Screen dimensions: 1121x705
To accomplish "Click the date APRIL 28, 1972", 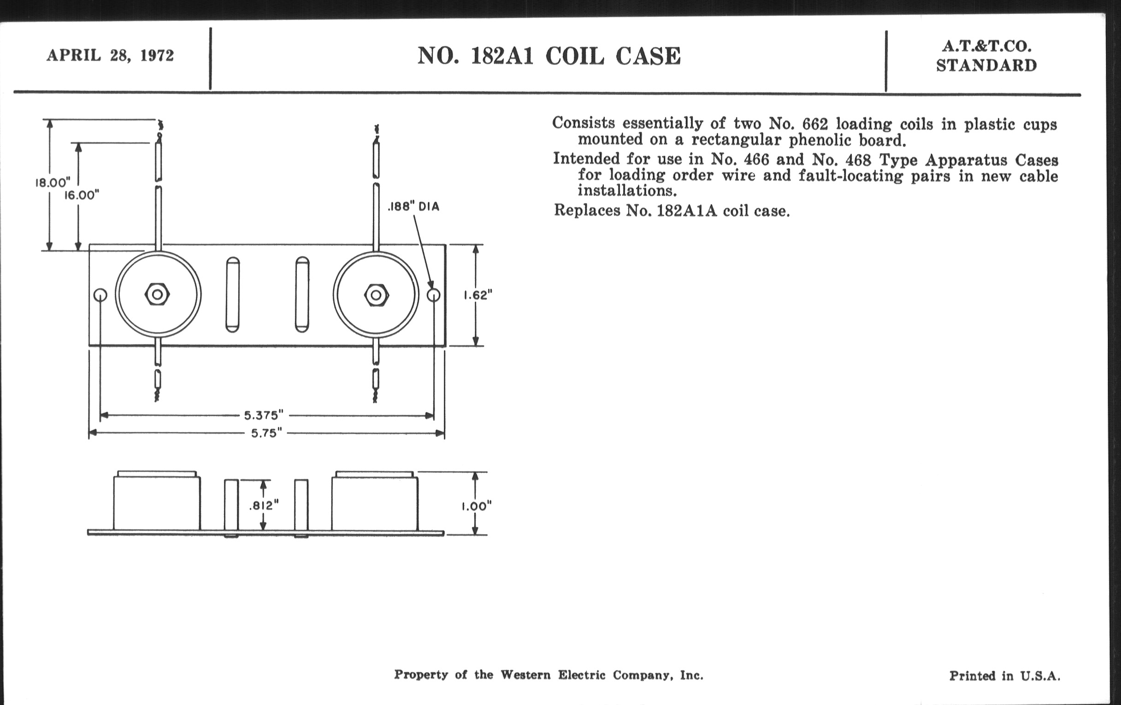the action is coord(110,55).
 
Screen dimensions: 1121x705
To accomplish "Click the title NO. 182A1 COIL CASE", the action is coord(549,56).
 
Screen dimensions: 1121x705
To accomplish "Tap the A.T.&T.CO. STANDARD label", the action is coord(986,56).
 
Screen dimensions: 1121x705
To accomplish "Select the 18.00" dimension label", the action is coord(53,182).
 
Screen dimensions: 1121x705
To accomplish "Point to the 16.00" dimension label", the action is coord(82,195).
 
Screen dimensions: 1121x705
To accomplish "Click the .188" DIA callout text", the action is coord(413,206).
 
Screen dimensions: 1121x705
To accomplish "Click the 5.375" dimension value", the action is coord(264,415).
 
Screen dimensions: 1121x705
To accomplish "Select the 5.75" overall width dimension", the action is coord(267,433).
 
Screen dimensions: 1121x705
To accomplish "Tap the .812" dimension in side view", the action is coord(264,505).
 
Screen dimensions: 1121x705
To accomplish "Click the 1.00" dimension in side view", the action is coord(477,506).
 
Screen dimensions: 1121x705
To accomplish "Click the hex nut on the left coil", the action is coord(157,294).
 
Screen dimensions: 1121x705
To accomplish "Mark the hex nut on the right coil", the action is coord(376,295).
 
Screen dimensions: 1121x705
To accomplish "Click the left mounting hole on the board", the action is coord(100,295).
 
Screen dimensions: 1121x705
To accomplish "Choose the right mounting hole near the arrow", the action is coord(433,295).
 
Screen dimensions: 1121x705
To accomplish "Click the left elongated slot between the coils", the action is coord(233,294).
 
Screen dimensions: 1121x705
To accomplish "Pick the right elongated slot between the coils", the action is coord(302,294).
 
